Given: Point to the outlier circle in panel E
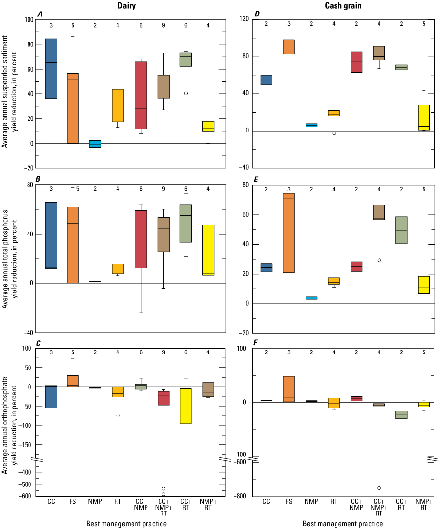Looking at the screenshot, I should pos(379,260).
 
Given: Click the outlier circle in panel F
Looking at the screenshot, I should pos(379,488).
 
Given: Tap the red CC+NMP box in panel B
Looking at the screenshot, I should pos(141,239).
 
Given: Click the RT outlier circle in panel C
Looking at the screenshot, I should pos(118,415).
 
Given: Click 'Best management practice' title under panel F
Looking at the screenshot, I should pos(343,524).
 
